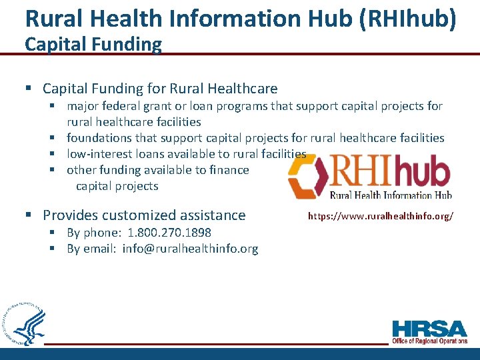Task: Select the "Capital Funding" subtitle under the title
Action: point(93,45)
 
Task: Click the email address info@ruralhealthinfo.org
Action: point(190,249)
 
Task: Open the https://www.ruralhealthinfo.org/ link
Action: point(381,217)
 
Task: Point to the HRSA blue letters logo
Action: point(430,329)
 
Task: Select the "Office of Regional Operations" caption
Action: point(430,341)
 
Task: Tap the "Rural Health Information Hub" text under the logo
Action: point(391,195)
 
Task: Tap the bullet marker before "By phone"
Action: point(53,233)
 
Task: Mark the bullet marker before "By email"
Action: point(53,249)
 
